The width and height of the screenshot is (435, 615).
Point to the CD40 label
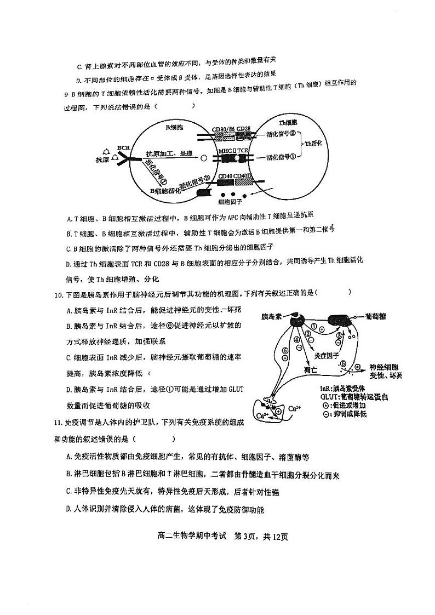coord(225,176)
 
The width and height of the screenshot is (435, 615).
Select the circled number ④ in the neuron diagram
coord(296,339)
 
